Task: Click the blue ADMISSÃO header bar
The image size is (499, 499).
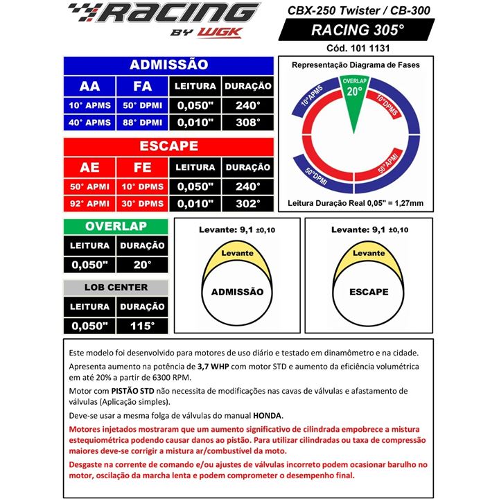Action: pos(168,64)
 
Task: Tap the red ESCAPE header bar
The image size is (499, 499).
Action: pos(168,146)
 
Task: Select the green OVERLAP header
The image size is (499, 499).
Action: pos(115,227)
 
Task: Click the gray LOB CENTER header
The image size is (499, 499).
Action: pos(115,287)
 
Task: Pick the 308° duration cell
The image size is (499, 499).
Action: pos(247,122)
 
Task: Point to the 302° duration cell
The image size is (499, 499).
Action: pos(247,204)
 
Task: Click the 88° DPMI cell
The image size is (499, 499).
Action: pos(142,122)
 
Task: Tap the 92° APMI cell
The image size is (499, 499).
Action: pos(89,204)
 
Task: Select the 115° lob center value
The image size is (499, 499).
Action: pos(142,324)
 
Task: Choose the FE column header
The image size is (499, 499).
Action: pos(142,167)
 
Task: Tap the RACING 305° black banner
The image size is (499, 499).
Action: pos(357,30)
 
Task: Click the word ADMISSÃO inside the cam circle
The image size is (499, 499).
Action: pos(236,292)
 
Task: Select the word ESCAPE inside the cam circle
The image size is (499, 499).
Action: pos(369,292)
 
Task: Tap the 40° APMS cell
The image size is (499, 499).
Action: pos(89,122)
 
